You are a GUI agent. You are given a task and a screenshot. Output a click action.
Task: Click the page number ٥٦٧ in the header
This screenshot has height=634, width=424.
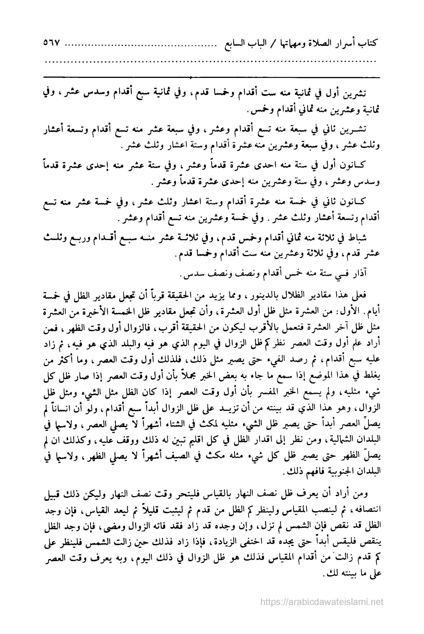click(x=51, y=43)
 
